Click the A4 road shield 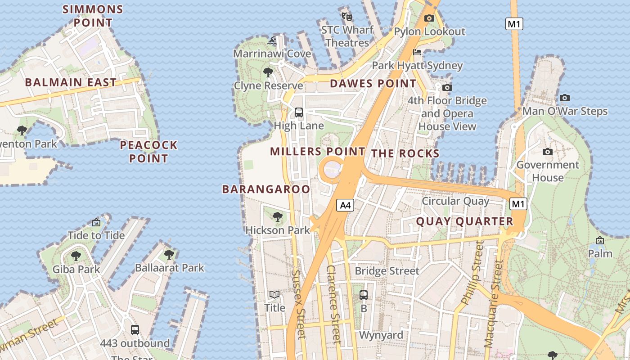[345, 206]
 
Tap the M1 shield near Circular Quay [518, 204]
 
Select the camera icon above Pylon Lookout [429, 18]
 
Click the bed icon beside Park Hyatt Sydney [417, 53]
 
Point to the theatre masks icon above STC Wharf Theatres [346, 17]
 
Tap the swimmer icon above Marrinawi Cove [272, 41]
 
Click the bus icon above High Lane [298, 112]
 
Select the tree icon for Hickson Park [278, 217]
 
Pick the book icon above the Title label [274, 295]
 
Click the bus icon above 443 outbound [135, 330]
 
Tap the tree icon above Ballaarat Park [169, 255]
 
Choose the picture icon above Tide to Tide [96, 222]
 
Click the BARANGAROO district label [266, 189]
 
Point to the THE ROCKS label [405, 153]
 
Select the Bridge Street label [387, 271]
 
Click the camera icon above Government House [547, 152]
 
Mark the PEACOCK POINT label [148, 152]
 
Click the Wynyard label [381, 335]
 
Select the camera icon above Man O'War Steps [564, 98]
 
